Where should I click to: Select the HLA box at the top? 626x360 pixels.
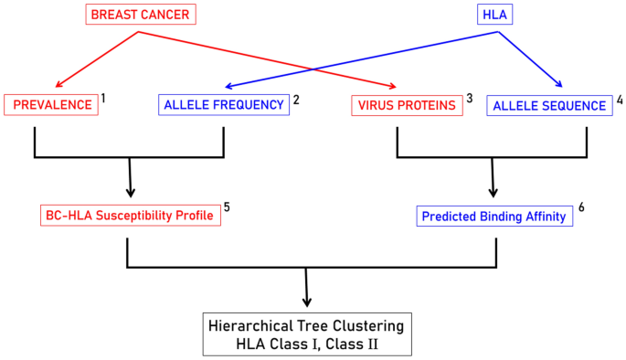[x=497, y=15]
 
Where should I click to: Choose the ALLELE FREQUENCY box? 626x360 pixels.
[x=224, y=105]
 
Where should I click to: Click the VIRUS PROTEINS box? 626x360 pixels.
[x=405, y=106]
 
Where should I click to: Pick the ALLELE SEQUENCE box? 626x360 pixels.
[x=549, y=106]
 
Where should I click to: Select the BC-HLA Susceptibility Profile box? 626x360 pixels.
[x=128, y=216]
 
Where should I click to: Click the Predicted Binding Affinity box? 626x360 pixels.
[x=493, y=217]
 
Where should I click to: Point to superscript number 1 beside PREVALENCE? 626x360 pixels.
[x=104, y=96]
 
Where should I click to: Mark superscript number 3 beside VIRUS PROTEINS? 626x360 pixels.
[x=470, y=97]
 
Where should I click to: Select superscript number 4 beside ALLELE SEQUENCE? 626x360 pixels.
[x=619, y=97]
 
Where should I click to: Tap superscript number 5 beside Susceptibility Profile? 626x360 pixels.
[x=226, y=206]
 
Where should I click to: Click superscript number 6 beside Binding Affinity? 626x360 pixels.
[x=580, y=206]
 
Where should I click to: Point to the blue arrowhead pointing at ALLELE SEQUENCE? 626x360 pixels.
[x=560, y=87]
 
